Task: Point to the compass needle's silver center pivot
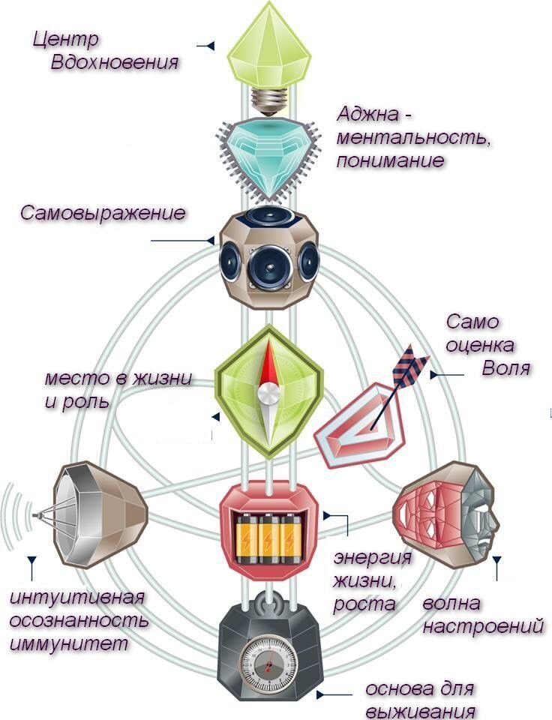[x=268, y=391]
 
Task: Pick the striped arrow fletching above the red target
[x=411, y=364]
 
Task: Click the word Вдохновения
[x=115, y=61]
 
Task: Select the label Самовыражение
[x=103, y=212]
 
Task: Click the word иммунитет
[x=69, y=643]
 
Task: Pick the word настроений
[x=483, y=626]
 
